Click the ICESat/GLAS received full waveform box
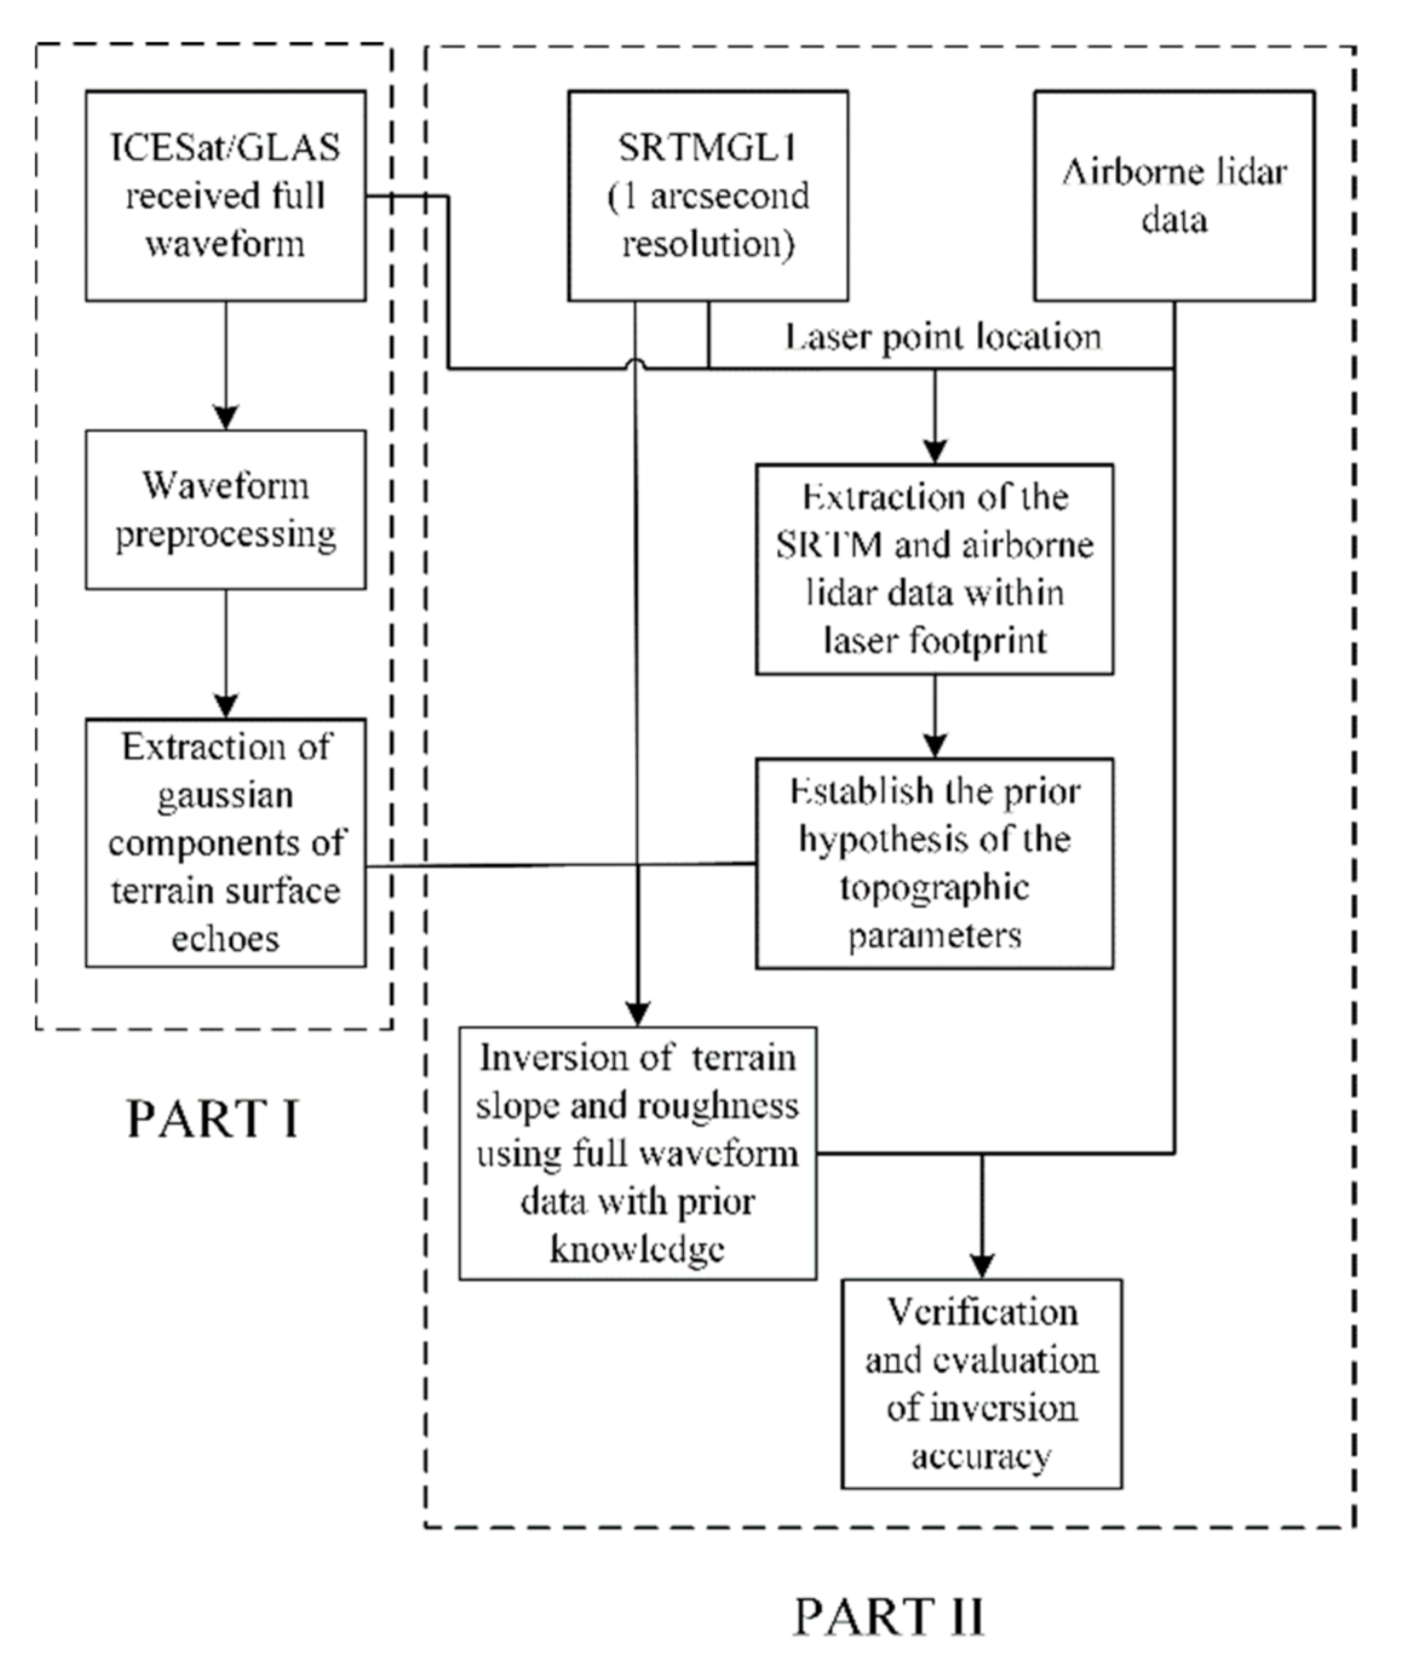pos(226,196)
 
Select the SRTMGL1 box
pos(708,196)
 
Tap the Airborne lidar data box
pos(1173,196)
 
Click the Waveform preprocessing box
pos(226,509)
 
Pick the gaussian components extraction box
pos(226,843)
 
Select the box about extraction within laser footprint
pos(934,569)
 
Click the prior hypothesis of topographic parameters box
pos(934,864)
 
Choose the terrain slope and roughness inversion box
pos(637,1154)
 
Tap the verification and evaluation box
pos(981,1383)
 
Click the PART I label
pos(212,1118)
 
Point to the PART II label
pos(888,1616)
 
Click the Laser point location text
pos(943,337)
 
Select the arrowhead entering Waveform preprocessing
pos(226,418)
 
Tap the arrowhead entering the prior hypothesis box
pos(934,746)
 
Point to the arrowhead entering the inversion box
pos(637,1014)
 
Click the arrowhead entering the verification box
pos(981,1265)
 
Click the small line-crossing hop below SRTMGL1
pos(636,364)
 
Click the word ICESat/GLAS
pos(226,148)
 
